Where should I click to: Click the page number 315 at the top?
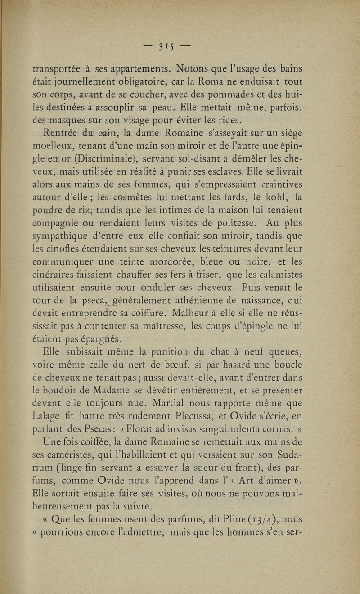click(x=169, y=47)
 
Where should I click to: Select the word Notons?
click(x=196, y=69)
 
